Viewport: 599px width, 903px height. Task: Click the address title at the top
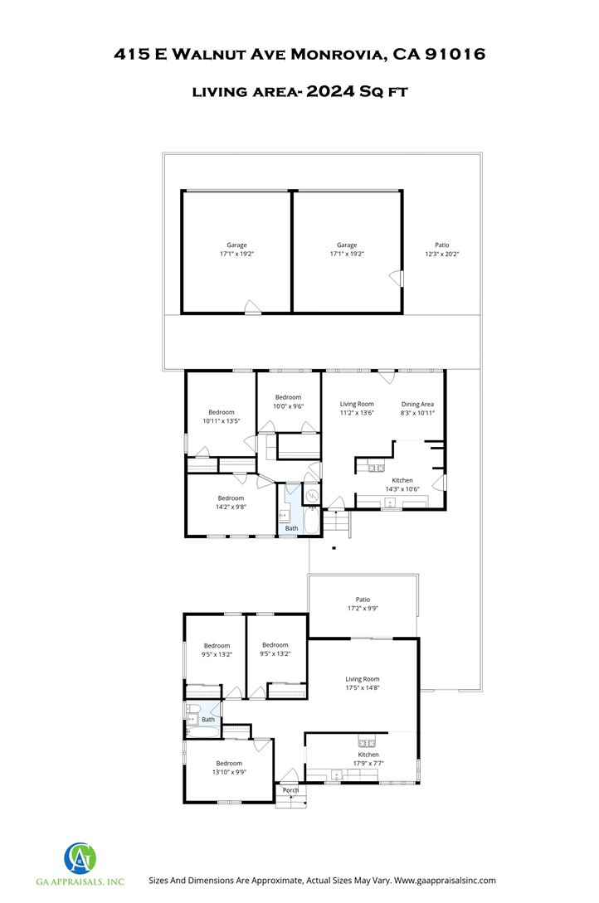[299, 55]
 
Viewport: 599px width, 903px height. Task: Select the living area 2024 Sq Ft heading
[299, 92]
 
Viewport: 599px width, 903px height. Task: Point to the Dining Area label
[417, 408]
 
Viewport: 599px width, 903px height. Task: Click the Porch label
[290, 790]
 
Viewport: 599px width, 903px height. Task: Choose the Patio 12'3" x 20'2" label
[441, 250]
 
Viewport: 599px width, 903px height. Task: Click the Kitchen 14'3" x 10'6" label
[402, 484]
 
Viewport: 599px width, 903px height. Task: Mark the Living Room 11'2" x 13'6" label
[357, 408]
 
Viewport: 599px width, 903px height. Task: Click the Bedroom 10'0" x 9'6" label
[288, 401]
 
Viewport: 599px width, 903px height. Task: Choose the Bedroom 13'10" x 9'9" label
[229, 767]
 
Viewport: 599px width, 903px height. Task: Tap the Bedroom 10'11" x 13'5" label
[221, 416]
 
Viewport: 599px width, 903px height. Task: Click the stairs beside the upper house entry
[337, 523]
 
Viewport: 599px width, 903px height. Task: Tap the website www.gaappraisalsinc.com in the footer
[445, 880]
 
